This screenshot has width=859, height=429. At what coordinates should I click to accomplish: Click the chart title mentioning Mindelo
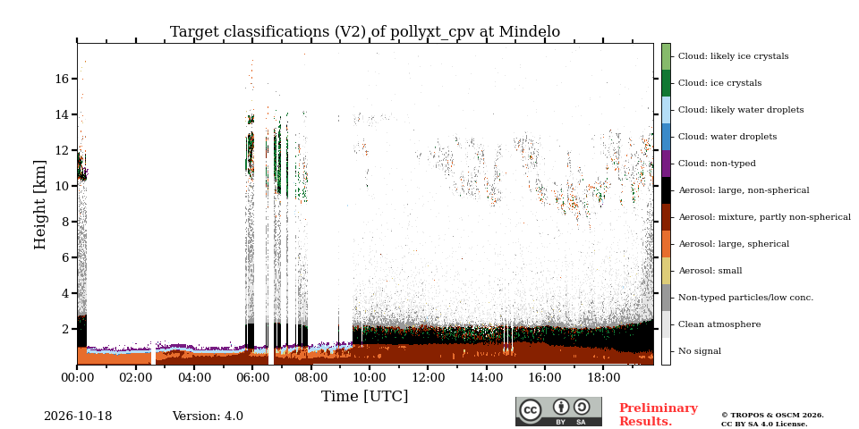click(x=365, y=32)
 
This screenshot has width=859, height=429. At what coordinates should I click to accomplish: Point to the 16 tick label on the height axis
click(x=62, y=79)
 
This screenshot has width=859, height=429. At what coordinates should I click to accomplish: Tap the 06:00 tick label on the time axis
click(x=252, y=378)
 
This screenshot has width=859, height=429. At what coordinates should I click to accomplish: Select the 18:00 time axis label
click(x=603, y=378)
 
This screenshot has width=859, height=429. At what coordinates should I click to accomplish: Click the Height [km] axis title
click(x=40, y=205)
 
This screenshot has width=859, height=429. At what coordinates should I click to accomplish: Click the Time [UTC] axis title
click(x=365, y=396)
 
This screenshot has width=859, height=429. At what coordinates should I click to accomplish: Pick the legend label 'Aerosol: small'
click(x=710, y=271)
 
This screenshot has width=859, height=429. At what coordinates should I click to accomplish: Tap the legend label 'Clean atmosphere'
click(x=719, y=324)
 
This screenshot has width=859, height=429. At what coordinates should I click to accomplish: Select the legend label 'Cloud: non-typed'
click(x=717, y=164)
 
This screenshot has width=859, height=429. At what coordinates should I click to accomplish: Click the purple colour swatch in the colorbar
click(x=666, y=164)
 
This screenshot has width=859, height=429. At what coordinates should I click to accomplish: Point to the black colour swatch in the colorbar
click(x=666, y=190)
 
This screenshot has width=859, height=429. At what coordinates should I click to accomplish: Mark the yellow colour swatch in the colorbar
click(x=666, y=271)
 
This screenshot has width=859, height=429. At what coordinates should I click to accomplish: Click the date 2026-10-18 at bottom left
click(x=78, y=416)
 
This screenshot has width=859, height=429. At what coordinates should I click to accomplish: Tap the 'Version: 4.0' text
click(x=208, y=416)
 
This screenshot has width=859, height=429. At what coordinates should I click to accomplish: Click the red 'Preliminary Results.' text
click(x=659, y=415)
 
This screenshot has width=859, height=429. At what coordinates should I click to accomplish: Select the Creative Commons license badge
click(x=558, y=411)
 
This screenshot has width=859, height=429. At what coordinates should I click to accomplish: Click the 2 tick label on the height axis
click(x=65, y=330)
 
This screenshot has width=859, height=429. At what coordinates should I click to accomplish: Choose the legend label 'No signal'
click(x=700, y=351)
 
